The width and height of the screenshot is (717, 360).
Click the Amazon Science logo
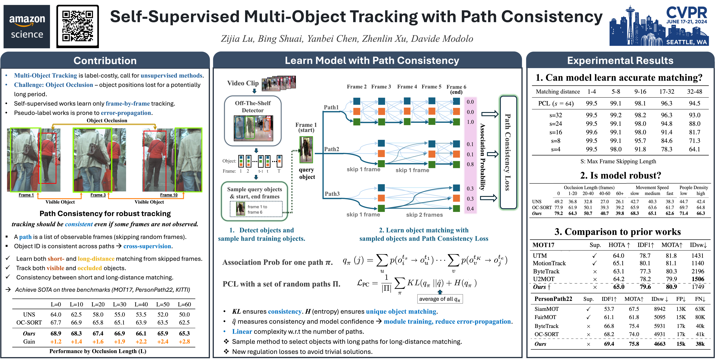point(27,26)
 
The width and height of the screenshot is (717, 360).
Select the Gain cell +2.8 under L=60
point(184,342)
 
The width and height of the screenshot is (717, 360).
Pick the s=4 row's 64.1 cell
point(694,149)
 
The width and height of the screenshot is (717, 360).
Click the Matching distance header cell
point(557,92)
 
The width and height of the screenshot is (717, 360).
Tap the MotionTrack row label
point(549,263)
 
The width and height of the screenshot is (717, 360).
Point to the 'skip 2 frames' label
point(424,215)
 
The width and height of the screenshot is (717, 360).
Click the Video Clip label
point(243,83)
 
